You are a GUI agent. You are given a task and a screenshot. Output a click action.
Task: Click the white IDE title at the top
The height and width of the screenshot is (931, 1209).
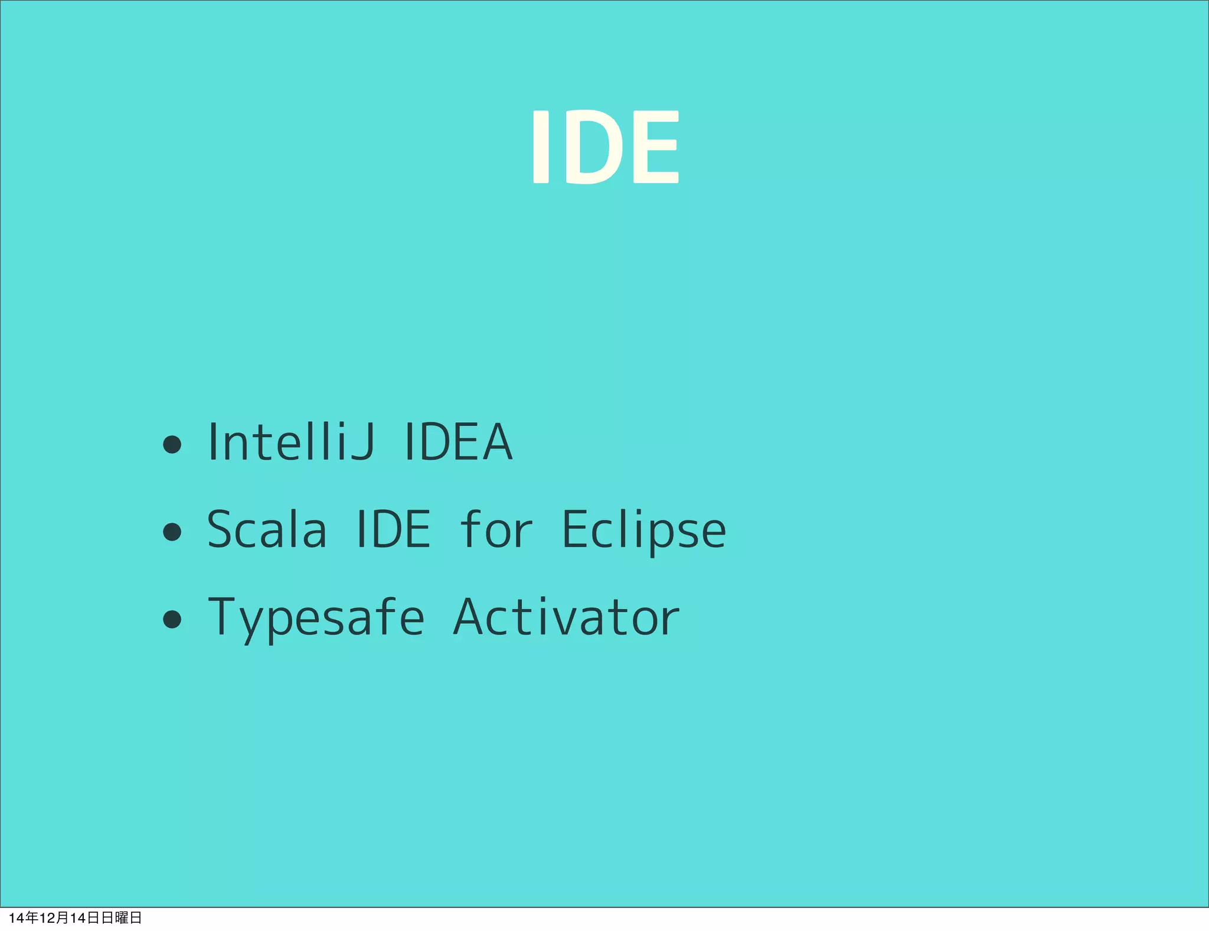coord(606,147)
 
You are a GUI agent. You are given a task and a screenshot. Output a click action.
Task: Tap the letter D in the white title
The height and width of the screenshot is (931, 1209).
coord(597,147)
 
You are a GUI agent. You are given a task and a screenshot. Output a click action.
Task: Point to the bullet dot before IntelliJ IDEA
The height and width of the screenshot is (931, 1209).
coord(172,444)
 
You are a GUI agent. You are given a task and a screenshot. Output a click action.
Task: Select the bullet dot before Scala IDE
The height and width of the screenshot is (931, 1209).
coord(172,531)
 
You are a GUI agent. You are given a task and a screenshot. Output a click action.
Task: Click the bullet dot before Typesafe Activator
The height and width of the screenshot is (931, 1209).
coord(172,619)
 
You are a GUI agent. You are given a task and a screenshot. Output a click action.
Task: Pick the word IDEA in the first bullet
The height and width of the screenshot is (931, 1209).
coord(458,442)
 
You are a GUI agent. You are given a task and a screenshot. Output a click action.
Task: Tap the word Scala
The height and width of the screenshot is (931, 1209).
coord(267,529)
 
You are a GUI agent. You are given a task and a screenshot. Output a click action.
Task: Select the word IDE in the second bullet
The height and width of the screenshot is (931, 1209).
coord(394,529)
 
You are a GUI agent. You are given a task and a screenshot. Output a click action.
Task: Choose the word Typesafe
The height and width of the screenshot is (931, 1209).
coord(316,618)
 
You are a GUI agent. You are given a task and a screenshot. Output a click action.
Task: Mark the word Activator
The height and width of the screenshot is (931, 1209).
coord(566,617)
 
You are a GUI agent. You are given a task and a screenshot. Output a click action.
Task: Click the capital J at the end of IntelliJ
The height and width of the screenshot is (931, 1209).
coord(362,442)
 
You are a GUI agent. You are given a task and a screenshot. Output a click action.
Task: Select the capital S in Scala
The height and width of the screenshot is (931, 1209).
coord(222,529)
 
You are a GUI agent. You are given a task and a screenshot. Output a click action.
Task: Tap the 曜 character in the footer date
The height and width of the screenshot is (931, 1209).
coord(122,917)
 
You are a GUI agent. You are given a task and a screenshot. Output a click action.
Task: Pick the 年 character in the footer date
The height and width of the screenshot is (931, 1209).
coord(32,917)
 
